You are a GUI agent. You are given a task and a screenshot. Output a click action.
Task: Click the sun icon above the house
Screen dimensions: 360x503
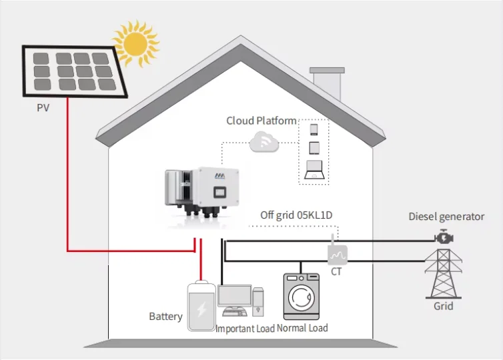tap(137, 44)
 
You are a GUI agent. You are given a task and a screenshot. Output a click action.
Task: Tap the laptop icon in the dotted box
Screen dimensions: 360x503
tap(314, 170)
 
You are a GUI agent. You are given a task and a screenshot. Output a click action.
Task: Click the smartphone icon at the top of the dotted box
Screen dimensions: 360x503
tap(314, 129)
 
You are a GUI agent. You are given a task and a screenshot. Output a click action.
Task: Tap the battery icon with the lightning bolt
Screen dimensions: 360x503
tap(201, 305)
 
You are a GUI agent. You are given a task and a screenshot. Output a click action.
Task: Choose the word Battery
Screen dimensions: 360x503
tap(165, 316)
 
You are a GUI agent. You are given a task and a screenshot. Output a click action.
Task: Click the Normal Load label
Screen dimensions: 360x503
tap(302, 328)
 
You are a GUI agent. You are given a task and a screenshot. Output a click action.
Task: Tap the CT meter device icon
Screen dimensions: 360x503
tap(338, 253)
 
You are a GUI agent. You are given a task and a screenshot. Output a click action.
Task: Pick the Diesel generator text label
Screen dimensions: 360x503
tap(446, 217)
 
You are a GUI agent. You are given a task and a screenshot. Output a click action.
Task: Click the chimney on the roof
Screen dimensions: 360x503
tap(328, 85)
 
